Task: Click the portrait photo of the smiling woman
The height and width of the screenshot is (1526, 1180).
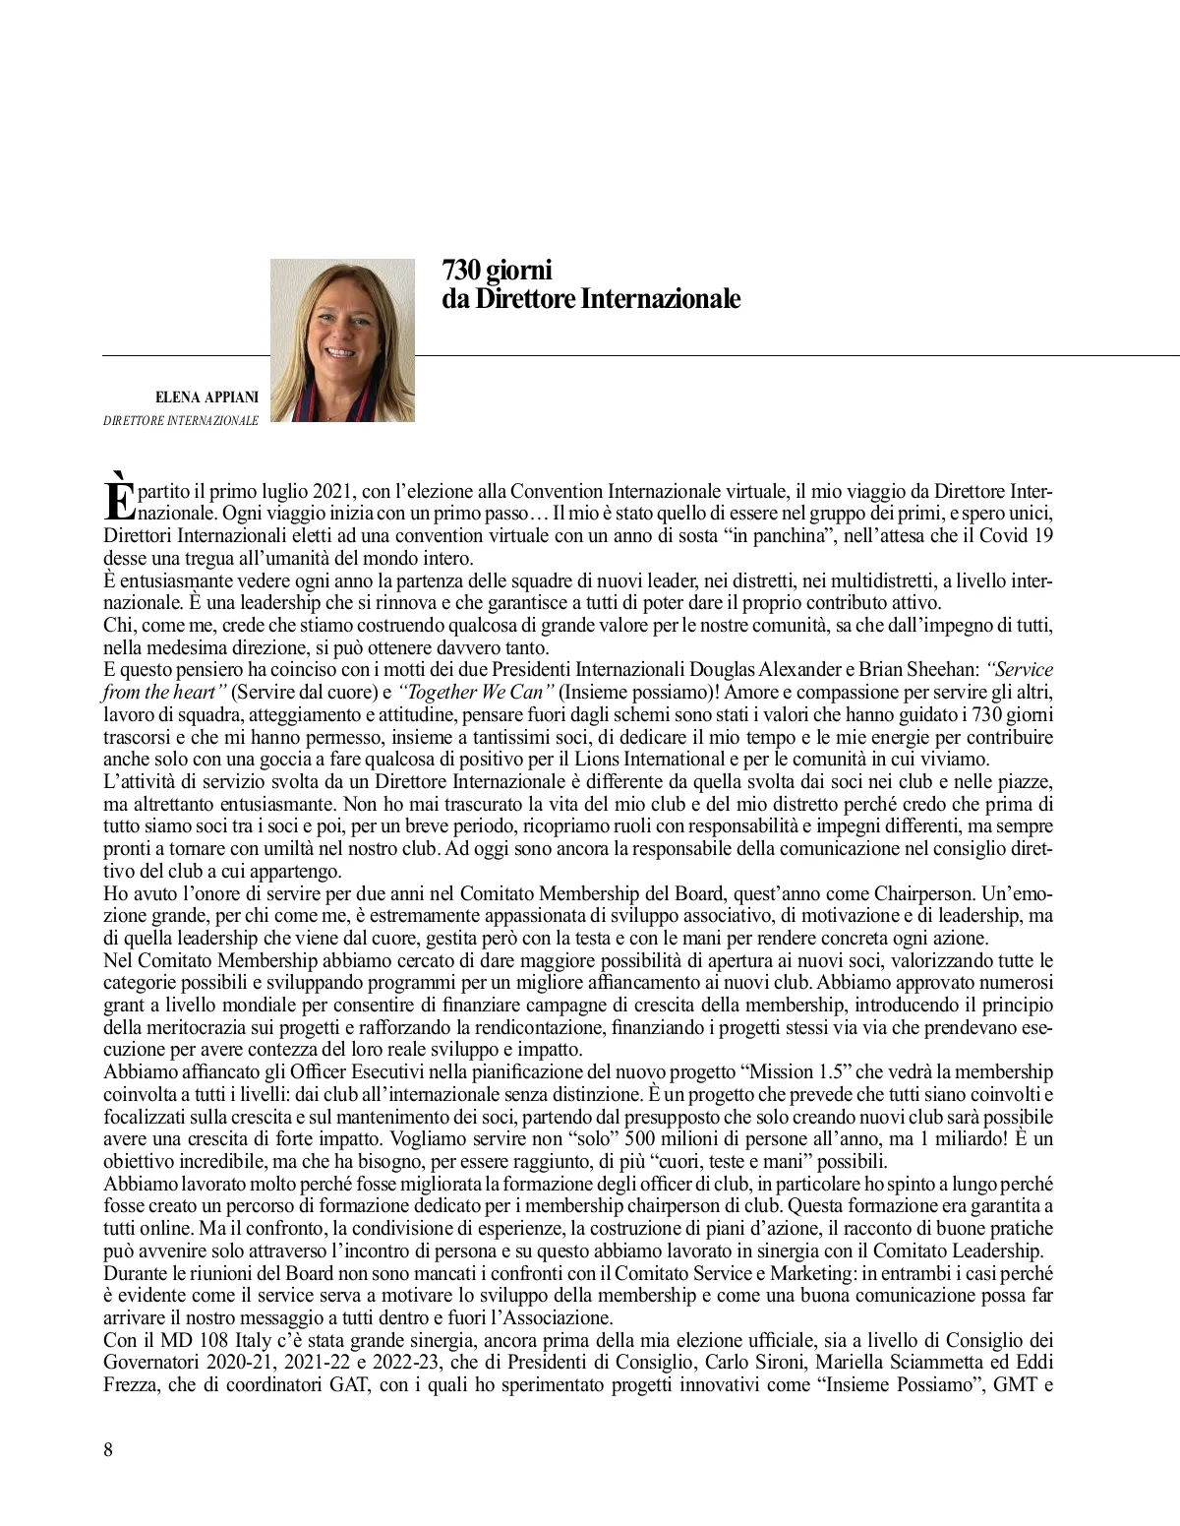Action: tap(342, 339)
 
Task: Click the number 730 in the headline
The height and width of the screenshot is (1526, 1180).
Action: tap(459, 270)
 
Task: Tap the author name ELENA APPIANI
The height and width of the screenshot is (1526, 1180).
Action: tap(206, 397)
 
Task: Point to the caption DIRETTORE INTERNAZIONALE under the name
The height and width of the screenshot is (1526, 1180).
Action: tap(181, 421)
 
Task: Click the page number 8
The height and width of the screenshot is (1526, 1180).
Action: tap(108, 1449)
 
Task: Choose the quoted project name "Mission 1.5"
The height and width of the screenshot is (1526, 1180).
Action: tap(801, 1071)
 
